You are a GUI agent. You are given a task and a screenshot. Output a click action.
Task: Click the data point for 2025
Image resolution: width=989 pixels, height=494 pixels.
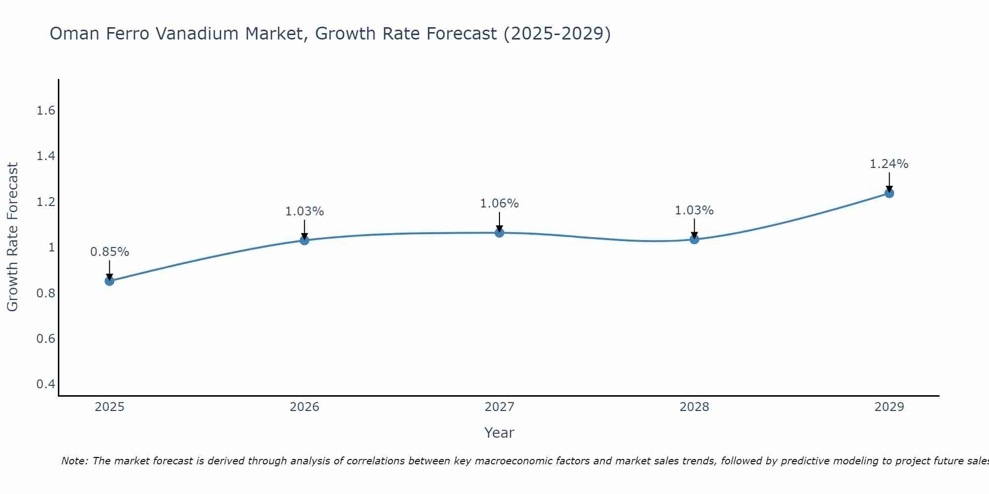click(x=109, y=281)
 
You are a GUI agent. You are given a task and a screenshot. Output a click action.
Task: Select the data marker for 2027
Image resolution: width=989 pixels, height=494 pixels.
click(x=499, y=233)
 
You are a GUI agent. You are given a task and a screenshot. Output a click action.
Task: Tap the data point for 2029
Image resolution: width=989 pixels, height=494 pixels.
click(x=889, y=193)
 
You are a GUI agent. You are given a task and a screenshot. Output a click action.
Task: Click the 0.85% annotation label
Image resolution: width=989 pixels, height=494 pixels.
click(x=109, y=252)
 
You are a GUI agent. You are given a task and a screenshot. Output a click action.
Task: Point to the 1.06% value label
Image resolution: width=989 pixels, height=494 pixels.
click(x=499, y=204)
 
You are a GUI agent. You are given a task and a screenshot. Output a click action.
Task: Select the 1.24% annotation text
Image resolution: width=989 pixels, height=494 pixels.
click(x=889, y=164)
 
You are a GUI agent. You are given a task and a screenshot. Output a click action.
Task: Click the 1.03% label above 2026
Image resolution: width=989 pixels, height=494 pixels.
click(x=305, y=211)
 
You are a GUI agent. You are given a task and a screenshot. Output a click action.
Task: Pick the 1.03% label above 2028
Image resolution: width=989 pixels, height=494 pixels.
click(x=694, y=210)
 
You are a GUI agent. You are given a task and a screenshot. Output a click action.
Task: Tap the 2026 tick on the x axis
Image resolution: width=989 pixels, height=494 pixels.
click(x=305, y=407)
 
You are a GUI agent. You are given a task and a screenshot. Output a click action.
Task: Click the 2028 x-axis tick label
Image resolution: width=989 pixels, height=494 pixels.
click(x=694, y=407)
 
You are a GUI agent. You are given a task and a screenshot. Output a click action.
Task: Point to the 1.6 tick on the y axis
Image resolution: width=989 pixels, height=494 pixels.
click(x=46, y=111)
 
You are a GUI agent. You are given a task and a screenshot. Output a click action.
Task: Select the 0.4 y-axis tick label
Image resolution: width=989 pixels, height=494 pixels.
click(x=46, y=384)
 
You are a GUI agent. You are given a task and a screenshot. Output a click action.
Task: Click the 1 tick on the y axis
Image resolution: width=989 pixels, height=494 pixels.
click(x=51, y=247)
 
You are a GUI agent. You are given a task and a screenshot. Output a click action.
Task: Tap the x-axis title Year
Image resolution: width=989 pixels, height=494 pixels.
click(x=499, y=433)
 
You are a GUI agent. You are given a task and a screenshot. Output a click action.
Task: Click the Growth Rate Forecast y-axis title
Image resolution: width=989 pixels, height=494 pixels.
click(x=12, y=237)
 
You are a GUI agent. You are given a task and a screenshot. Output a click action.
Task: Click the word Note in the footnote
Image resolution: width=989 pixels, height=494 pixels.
click(x=74, y=461)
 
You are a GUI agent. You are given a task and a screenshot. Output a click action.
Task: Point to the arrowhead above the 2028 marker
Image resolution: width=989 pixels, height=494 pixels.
click(x=694, y=235)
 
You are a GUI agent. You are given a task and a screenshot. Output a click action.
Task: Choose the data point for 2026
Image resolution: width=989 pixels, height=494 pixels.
click(x=305, y=240)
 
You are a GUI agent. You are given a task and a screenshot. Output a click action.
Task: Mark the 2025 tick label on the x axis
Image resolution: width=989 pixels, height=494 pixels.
click(x=109, y=407)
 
